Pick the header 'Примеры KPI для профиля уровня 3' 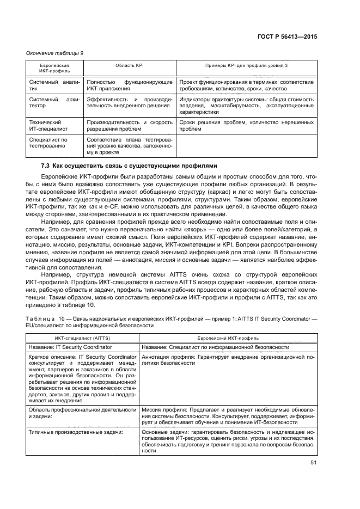click(x=246, y=65)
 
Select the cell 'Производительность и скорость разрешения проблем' click(x=129, y=126)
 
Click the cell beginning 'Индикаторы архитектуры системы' click(x=246, y=106)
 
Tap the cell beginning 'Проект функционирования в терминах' click(x=246, y=85)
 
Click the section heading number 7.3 click(x=47, y=165)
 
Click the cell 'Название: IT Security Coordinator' click(x=71, y=347)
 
